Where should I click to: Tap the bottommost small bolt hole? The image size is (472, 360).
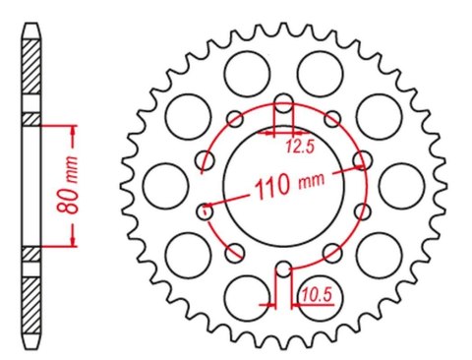(x=283, y=267)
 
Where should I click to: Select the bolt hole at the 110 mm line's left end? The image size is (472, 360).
(x=206, y=208)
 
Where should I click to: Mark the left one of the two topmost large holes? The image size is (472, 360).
(x=245, y=70)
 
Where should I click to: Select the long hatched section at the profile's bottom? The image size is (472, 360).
(x=33, y=295)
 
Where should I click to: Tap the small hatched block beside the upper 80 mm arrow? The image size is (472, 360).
(x=33, y=120)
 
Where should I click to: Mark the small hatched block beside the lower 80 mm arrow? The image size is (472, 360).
(x=33, y=253)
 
